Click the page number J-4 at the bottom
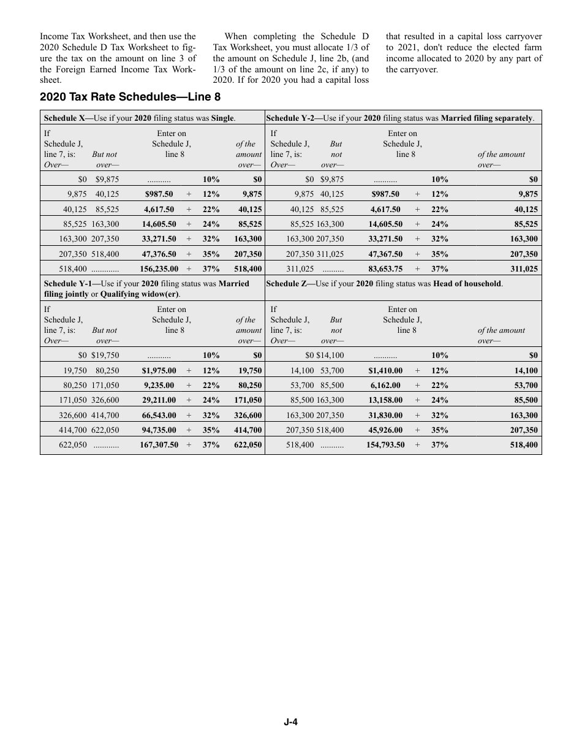(290, 722)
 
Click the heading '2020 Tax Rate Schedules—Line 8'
(130, 97)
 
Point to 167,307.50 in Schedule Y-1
(159, 444)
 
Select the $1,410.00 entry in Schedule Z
(385, 370)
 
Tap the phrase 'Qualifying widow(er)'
(140, 294)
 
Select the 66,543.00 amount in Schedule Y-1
(159, 415)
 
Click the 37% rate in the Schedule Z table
(439, 444)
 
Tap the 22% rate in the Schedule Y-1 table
(211, 386)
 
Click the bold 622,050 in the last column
(248, 444)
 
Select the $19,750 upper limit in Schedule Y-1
(105, 355)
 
